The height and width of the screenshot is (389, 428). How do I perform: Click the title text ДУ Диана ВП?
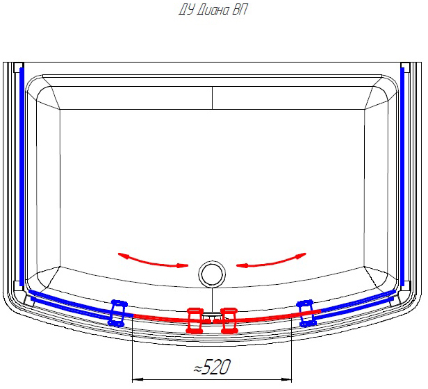point(213,10)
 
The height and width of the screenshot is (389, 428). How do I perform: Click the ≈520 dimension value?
point(213,367)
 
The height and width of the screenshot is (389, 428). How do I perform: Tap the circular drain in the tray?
point(212,274)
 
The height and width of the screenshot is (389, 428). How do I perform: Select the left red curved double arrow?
point(153,261)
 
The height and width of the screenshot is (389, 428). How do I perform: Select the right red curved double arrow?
point(271,261)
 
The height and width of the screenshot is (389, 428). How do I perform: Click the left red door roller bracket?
point(195,320)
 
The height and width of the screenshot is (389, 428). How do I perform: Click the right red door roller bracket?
point(229,320)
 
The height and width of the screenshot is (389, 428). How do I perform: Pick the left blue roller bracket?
point(117,313)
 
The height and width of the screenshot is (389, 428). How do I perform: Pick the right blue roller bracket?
point(307,313)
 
